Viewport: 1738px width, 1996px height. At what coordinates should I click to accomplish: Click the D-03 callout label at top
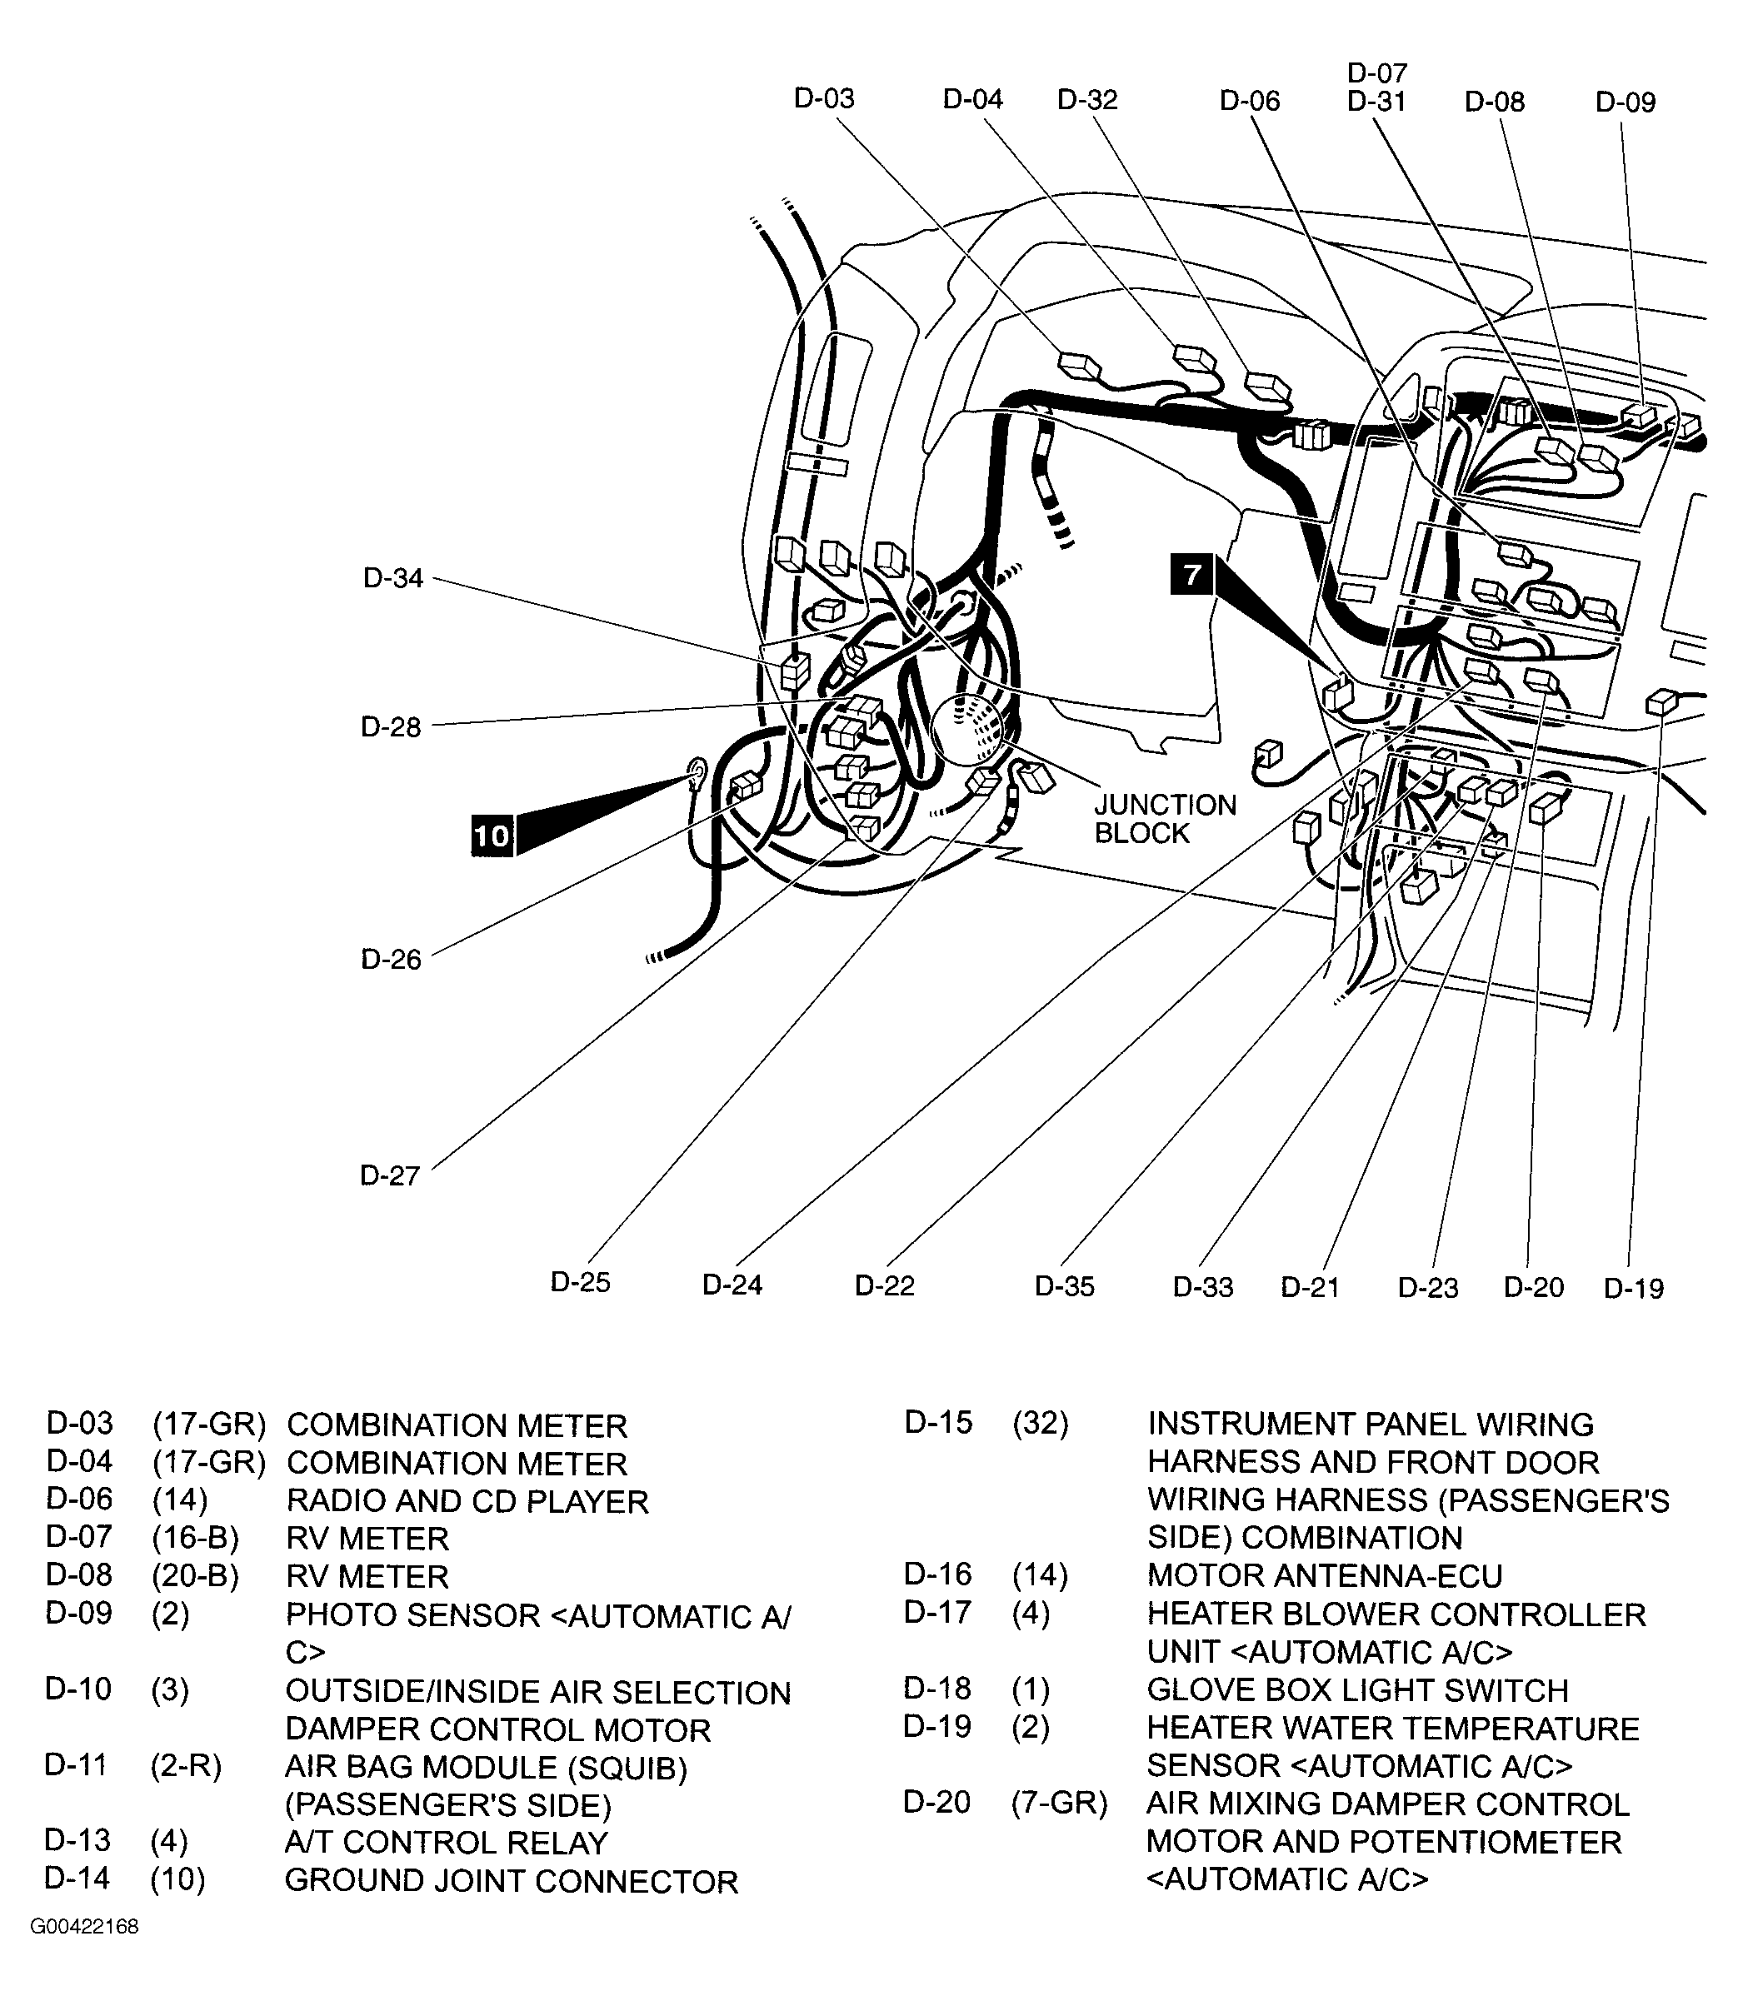pos(823,98)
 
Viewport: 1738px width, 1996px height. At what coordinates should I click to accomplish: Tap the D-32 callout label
pos(1087,99)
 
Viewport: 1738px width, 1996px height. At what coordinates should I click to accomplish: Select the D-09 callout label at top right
pos(1626,102)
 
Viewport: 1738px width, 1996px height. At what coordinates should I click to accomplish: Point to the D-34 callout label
pos(392,578)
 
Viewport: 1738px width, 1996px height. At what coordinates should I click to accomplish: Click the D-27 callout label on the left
pos(390,1175)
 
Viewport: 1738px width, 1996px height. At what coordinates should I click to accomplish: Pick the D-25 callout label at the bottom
pos(580,1282)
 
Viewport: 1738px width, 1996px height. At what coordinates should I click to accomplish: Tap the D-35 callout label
pos(1064,1286)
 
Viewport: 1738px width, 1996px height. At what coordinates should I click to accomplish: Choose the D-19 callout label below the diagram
pos(1633,1288)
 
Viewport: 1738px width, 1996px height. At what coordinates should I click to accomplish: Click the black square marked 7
pos(1192,573)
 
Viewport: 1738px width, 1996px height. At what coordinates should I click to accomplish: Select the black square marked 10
pos(492,835)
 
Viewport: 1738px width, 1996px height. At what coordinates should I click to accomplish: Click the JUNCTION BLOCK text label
pos(1165,819)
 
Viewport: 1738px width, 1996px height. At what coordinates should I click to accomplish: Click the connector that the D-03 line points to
pos(1078,366)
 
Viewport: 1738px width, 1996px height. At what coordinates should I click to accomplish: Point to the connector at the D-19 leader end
pos(1661,701)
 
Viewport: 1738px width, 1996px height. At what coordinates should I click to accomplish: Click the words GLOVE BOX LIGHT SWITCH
pos(1357,1689)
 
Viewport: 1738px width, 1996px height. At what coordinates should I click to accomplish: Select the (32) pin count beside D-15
pos(1040,1423)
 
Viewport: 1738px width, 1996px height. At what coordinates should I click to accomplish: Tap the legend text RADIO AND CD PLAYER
pos(467,1501)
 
